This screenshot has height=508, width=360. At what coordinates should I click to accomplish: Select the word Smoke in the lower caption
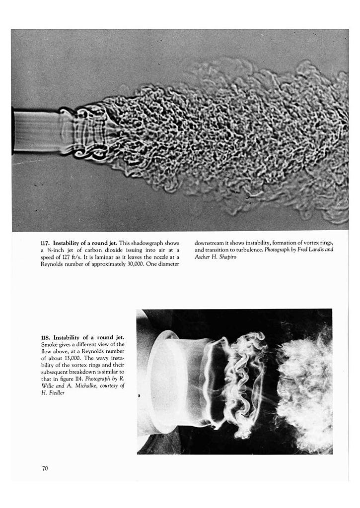tap(50, 344)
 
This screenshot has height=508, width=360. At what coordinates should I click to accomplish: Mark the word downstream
tap(210, 243)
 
